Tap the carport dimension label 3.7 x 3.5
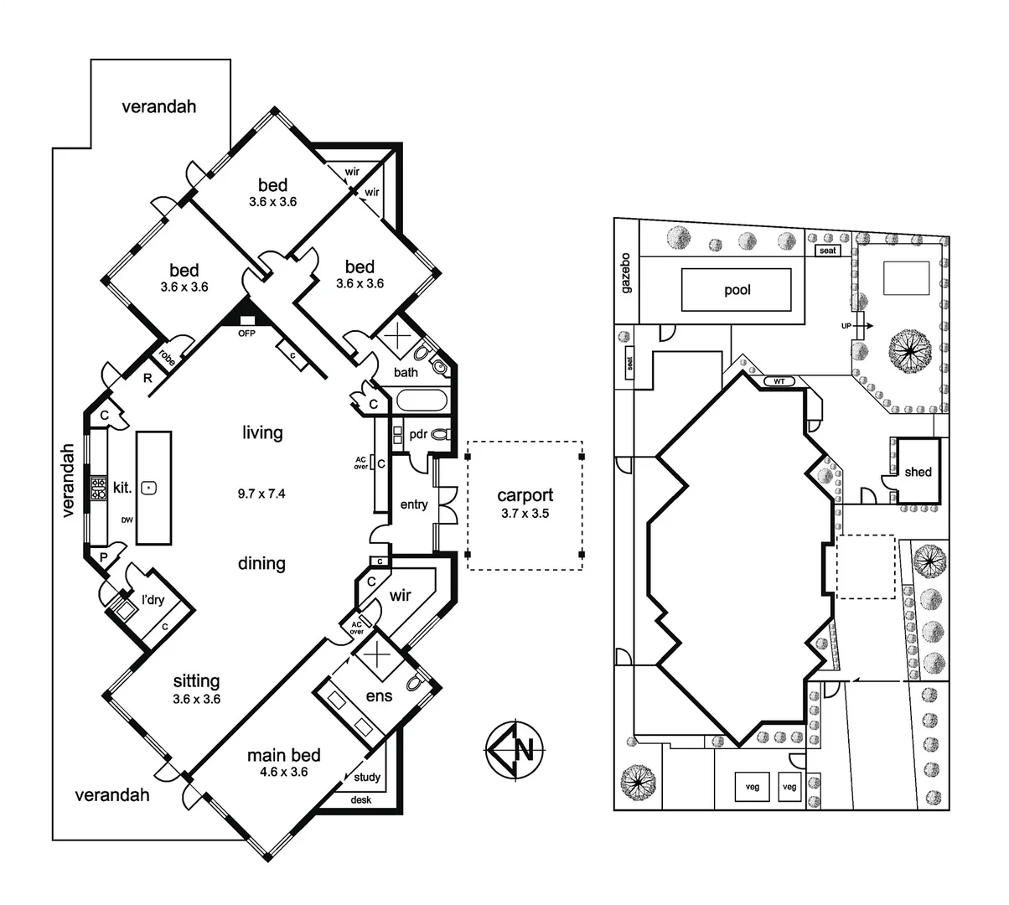pyautogui.click(x=525, y=514)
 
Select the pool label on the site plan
pyautogui.click(x=737, y=290)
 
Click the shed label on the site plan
pyautogui.click(x=918, y=472)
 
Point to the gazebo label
pyautogui.click(x=626, y=272)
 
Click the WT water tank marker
pyautogui.click(x=779, y=381)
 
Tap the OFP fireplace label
pyautogui.click(x=246, y=333)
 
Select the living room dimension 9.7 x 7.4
pyautogui.click(x=261, y=494)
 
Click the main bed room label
pyautogui.click(x=283, y=755)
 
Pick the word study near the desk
pyautogui.click(x=366, y=777)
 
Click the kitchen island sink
pyautogui.click(x=149, y=487)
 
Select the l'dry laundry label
pyautogui.click(x=153, y=599)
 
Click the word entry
pyautogui.click(x=413, y=504)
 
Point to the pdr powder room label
pyautogui.click(x=418, y=434)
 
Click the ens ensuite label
pyautogui.click(x=379, y=696)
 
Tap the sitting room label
pyautogui.click(x=196, y=681)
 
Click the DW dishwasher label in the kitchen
pyautogui.click(x=127, y=520)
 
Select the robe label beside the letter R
pyautogui.click(x=168, y=358)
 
